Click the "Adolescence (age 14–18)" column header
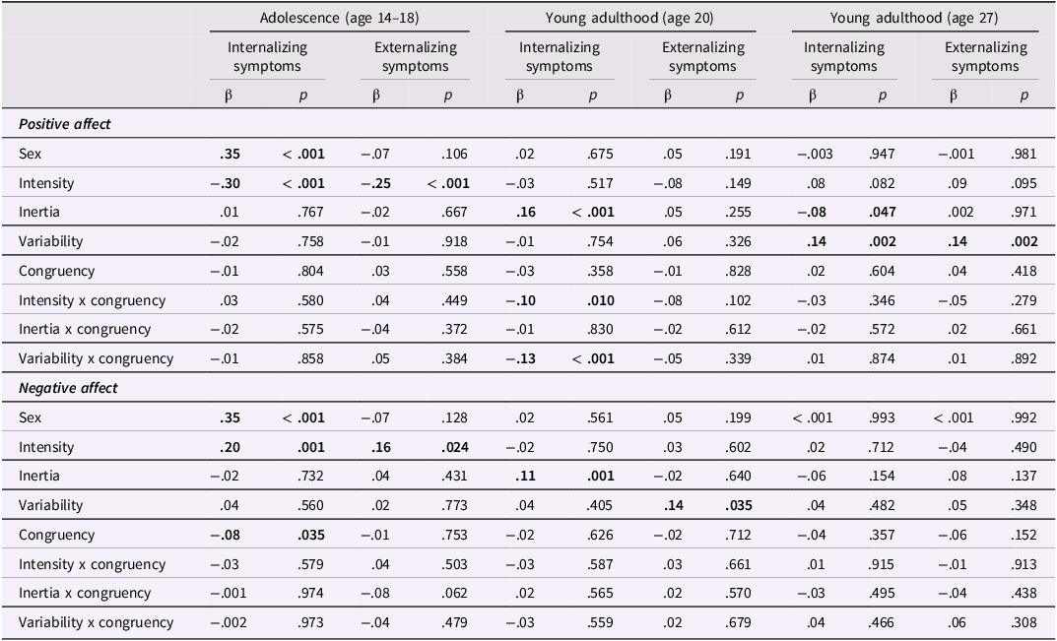tap(339, 18)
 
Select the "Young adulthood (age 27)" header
tap(913, 18)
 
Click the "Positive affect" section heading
tap(65, 124)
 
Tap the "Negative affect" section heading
tap(68, 388)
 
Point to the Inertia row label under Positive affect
tap(39, 212)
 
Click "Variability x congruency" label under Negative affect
tap(96, 622)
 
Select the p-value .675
tap(601, 154)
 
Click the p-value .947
tap(883, 154)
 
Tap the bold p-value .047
tap(883, 212)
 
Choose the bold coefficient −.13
tap(521, 358)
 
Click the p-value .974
tap(310, 593)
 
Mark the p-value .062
tap(454, 593)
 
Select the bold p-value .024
tap(455, 447)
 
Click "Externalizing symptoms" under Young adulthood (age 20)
tap(703, 57)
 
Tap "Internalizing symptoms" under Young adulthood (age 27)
tap(844, 57)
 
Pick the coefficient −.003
tap(815, 154)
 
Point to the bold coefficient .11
tap(525, 476)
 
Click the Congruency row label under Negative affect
tap(56, 535)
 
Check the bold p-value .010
tap(601, 300)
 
